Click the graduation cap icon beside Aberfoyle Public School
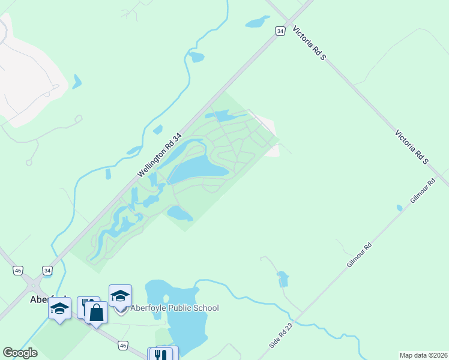(x=120, y=295)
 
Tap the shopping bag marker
(x=96, y=312)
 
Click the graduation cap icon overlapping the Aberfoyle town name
(x=59, y=308)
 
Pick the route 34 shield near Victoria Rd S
(x=280, y=31)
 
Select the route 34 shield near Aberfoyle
(x=47, y=271)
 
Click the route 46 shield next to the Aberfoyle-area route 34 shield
(x=19, y=271)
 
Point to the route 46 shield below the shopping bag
(x=122, y=345)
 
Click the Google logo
(x=20, y=353)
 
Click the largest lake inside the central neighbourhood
(x=197, y=170)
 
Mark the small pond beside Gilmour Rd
(x=399, y=208)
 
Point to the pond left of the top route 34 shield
(x=257, y=23)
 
